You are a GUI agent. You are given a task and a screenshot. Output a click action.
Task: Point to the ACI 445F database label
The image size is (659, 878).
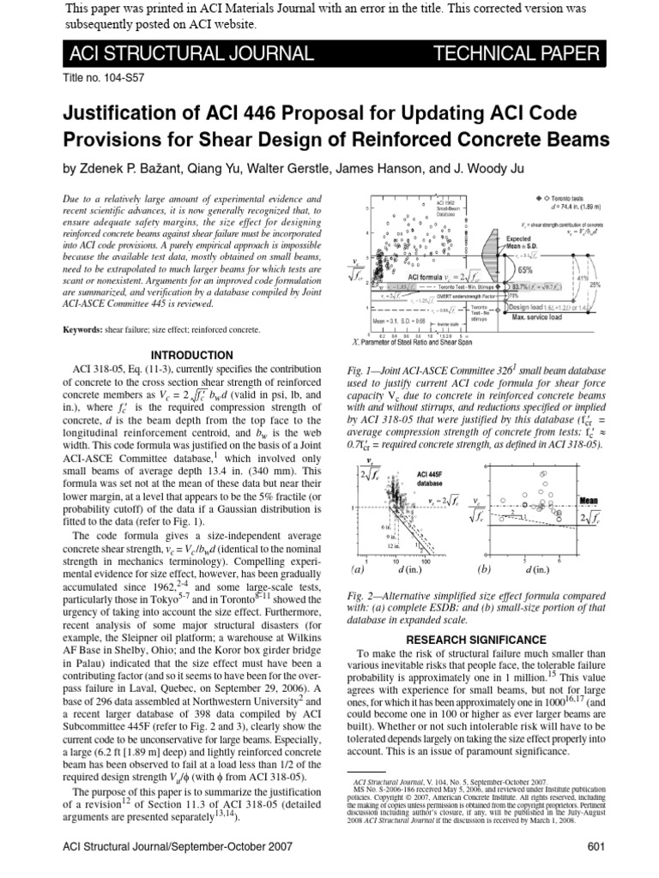point(432,478)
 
